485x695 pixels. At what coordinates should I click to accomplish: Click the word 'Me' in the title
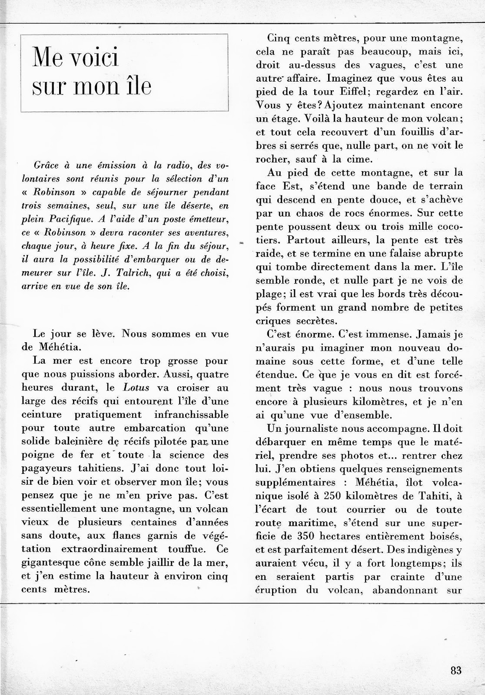pyautogui.click(x=47, y=58)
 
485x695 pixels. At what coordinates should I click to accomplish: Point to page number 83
pyautogui.click(x=456, y=669)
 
